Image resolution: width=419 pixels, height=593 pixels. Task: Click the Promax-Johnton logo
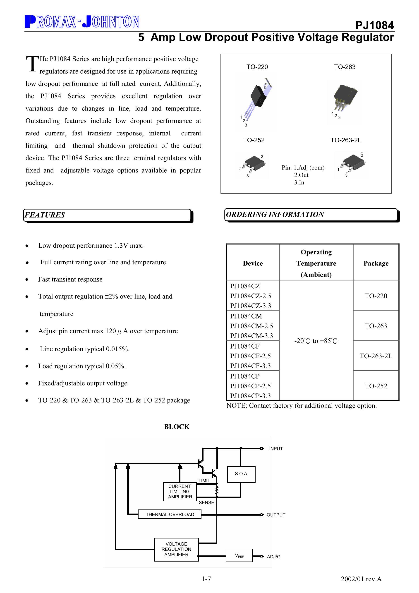pos(82,22)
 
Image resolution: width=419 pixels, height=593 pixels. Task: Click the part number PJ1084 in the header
pos(374,25)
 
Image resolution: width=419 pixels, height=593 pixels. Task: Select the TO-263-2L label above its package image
pos(346,140)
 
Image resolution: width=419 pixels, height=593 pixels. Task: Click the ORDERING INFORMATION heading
pos(275,214)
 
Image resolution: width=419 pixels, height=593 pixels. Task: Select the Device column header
pos(253,263)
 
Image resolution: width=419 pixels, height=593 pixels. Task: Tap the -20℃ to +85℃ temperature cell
pos(316,341)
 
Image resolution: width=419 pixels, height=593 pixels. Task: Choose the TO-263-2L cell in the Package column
pos(376,356)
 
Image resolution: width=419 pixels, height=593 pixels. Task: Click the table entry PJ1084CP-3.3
pos(250,396)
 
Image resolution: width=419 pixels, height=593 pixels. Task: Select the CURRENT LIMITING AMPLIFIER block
pos(180,492)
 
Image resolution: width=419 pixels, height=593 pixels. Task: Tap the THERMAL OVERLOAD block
pos(170,514)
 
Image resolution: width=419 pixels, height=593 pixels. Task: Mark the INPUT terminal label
pos(276,449)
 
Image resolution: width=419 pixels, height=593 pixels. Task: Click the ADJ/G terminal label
pos(274,557)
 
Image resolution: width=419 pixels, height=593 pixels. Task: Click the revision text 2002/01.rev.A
pos(361,579)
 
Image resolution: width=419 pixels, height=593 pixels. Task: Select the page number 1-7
pos(206,579)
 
